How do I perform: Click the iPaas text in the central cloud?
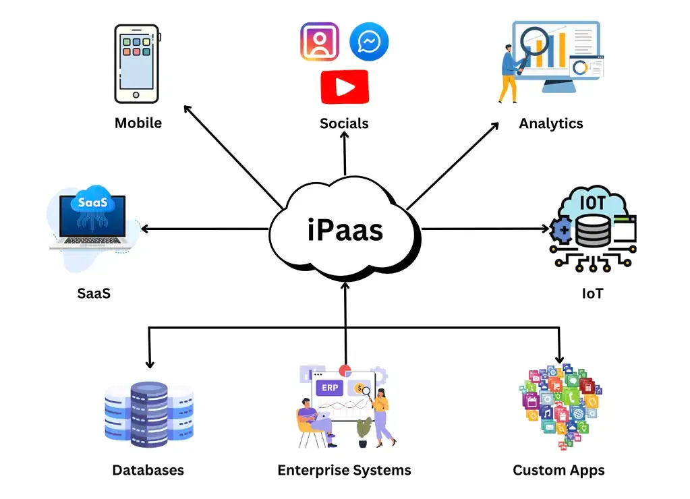[345, 230]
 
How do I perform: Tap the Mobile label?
[138, 123]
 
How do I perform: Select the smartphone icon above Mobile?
[137, 64]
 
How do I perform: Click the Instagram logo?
[320, 42]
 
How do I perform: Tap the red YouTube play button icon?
[345, 87]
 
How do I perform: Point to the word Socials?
[344, 123]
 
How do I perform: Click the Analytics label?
[551, 123]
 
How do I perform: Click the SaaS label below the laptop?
[93, 293]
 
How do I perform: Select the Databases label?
[148, 470]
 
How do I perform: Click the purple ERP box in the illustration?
[330, 388]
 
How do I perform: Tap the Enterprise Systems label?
[344, 470]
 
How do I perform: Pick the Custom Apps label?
[558, 470]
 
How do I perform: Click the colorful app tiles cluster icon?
[560, 408]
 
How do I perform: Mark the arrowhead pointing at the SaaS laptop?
[145, 229]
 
